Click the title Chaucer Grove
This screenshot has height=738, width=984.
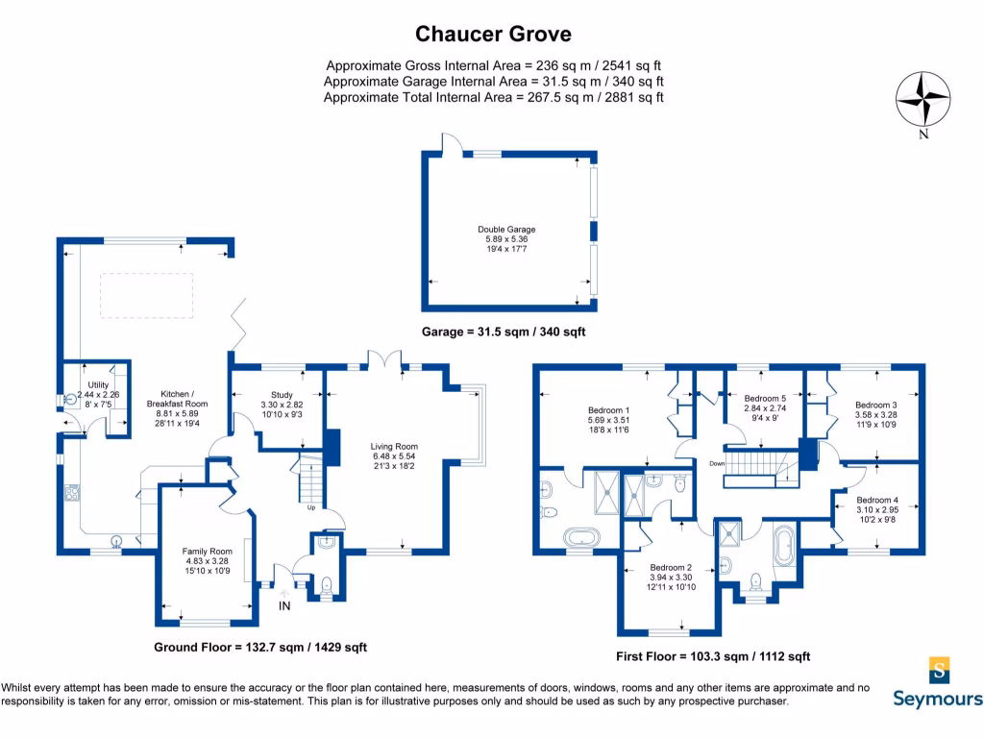493,35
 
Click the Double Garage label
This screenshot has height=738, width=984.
506,230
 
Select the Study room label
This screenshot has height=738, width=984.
281,394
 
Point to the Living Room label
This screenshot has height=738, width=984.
394,446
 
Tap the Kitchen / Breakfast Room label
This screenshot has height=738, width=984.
184,394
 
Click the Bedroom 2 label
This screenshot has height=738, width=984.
672,567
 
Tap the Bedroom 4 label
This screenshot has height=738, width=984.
878,500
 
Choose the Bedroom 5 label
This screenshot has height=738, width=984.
765,398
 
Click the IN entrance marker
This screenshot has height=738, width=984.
284,606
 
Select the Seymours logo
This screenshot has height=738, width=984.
938,681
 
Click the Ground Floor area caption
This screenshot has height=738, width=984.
260,648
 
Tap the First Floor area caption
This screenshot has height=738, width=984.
712,657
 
